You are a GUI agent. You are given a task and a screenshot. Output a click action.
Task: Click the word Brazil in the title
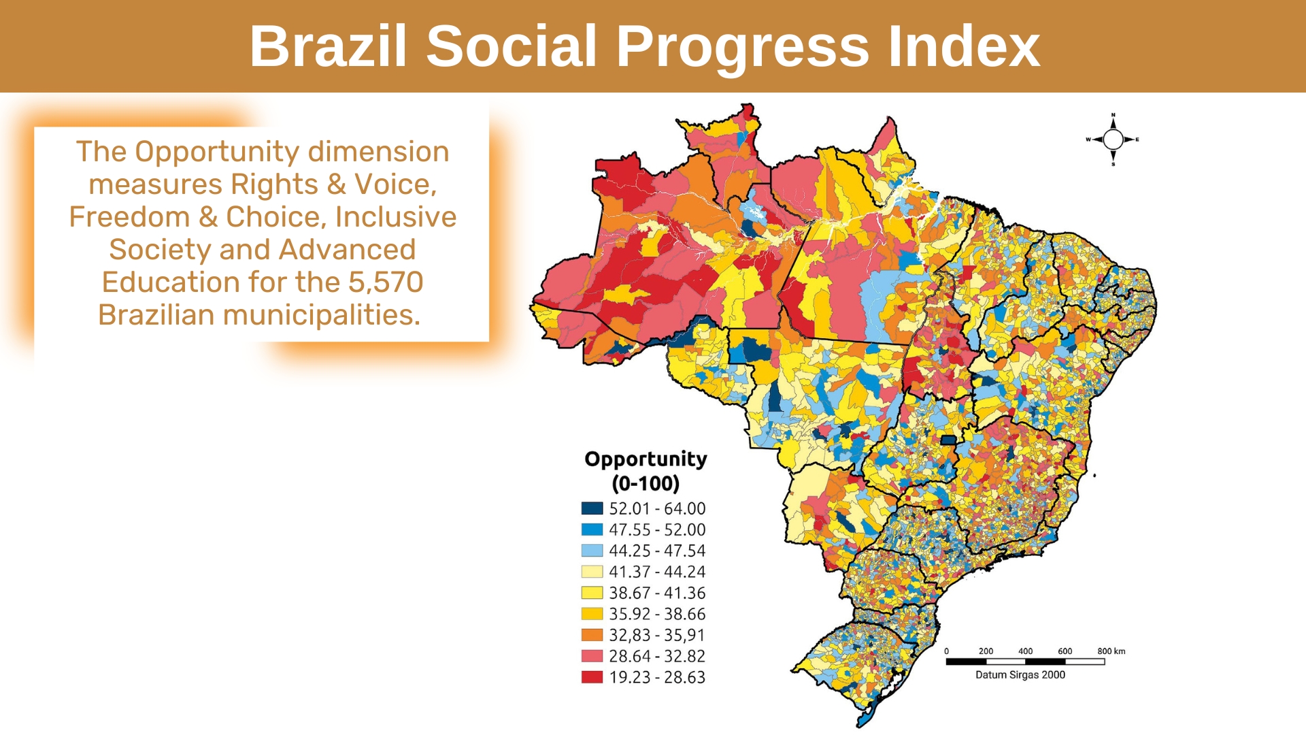329,46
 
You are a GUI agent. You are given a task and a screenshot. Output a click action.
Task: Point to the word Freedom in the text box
129,216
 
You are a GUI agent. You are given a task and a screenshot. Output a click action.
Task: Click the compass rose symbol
1113,140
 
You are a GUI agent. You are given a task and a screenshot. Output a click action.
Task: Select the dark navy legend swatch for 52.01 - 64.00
592,508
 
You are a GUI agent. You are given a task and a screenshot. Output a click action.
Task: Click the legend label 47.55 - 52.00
657,529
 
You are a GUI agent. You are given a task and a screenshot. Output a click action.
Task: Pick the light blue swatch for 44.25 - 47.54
592,551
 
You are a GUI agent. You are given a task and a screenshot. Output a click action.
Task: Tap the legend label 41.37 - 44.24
657,572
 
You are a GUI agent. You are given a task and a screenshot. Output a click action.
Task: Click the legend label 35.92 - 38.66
657,614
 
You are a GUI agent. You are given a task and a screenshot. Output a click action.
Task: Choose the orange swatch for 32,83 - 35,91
592,635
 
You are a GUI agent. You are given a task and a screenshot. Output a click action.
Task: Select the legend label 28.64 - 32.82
657,656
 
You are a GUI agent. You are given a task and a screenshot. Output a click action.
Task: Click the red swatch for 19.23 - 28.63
592,677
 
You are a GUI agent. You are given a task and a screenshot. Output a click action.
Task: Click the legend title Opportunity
646,459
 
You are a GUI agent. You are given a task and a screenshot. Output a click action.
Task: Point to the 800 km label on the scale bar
1111,651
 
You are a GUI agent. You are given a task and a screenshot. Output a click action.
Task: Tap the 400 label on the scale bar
1025,651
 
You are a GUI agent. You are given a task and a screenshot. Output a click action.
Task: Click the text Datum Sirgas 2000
1020,674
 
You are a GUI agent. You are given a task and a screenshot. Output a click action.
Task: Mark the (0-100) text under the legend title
646,483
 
